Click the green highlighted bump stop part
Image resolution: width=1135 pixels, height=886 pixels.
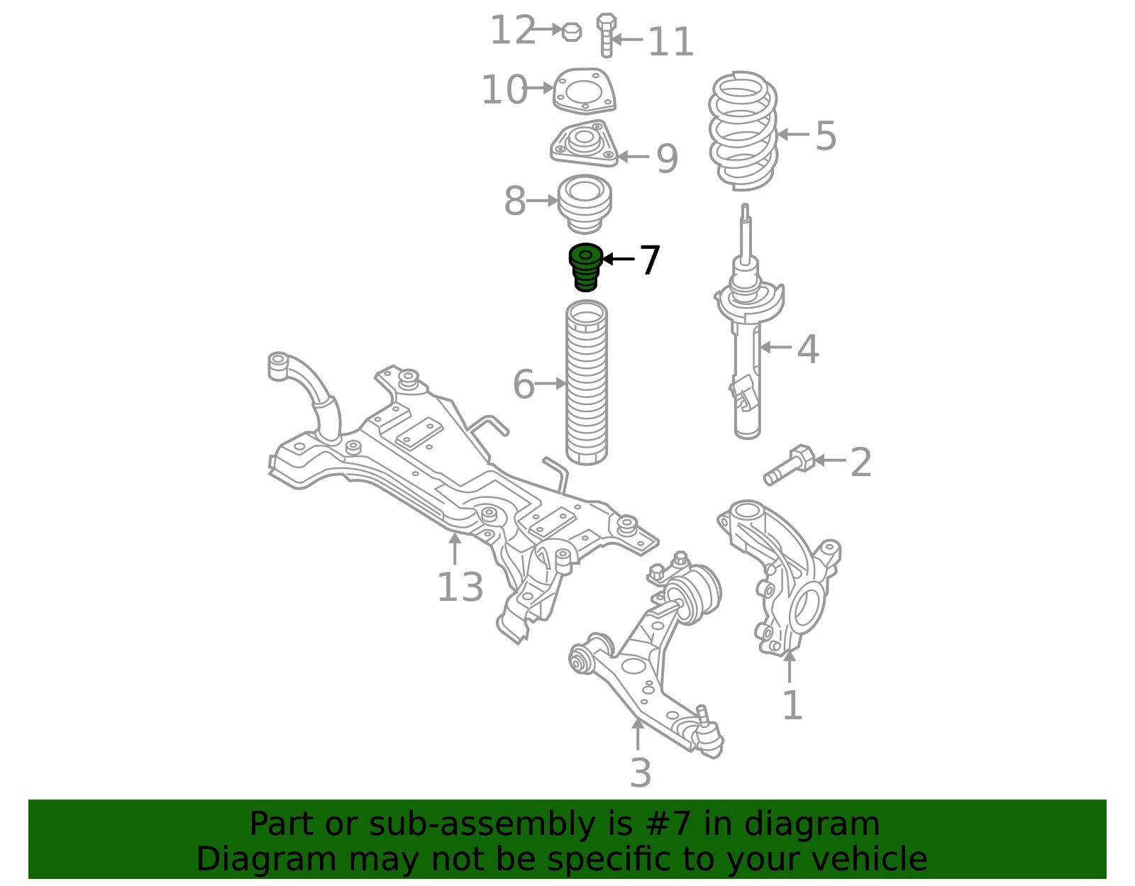click(x=585, y=267)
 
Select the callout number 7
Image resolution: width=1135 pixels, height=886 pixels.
click(x=650, y=260)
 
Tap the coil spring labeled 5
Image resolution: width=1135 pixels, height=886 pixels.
click(x=743, y=131)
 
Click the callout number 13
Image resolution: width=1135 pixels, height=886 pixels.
click(x=460, y=587)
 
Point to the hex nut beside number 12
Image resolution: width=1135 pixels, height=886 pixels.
click(x=572, y=33)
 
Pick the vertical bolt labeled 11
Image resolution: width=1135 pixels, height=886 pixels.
click(x=607, y=35)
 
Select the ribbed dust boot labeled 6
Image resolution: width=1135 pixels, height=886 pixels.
click(x=586, y=382)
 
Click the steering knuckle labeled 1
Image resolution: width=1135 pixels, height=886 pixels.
click(x=779, y=577)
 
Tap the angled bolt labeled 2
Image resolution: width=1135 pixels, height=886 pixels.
click(x=790, y=465)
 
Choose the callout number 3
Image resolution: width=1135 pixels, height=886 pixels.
click(x=641, y=773)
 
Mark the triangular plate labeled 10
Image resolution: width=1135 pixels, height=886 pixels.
click(x=584, y=91)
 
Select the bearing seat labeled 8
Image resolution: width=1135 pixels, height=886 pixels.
click(x=585, y=205)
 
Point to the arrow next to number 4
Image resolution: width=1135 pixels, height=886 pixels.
click(x=775, y=347)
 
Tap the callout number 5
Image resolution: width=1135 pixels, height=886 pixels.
click(x=826, y=135)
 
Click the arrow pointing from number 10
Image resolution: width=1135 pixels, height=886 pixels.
click(x=540, y=88)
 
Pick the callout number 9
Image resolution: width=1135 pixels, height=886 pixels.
click(x=667, y=157)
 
